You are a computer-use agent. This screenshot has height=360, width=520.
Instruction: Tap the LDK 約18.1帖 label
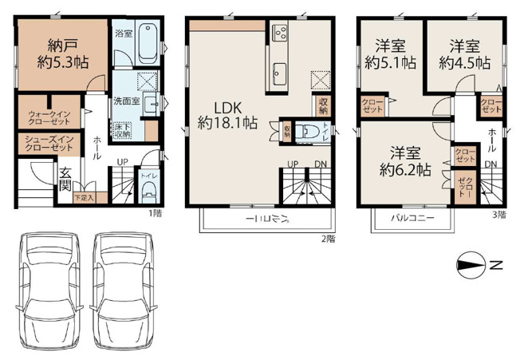pos(227,113)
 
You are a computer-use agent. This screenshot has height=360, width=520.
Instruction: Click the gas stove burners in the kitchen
pos(282,32)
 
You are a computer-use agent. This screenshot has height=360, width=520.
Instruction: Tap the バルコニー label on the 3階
pos(412,217)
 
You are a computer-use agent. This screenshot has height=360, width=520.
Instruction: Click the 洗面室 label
pos(126,101)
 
